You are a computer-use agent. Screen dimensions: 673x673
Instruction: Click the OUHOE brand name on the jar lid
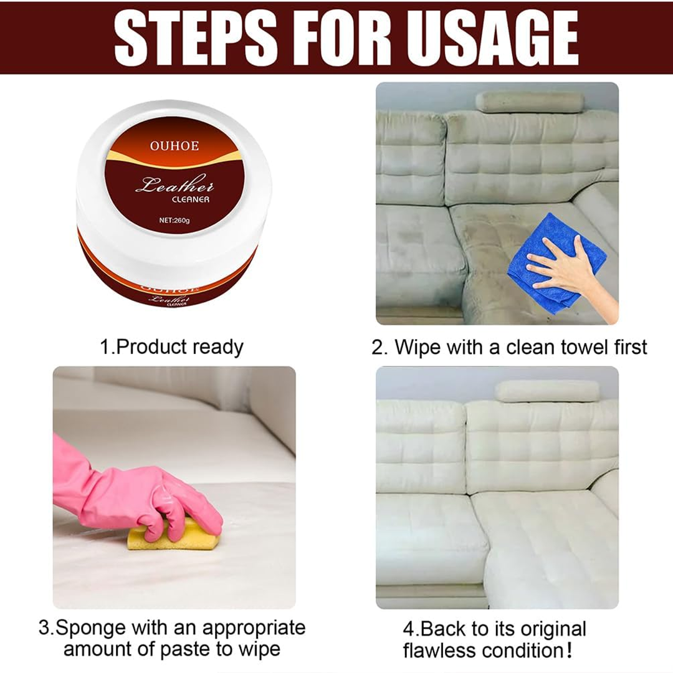pos(174,146)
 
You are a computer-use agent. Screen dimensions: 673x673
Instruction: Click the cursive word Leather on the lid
pos(174,185)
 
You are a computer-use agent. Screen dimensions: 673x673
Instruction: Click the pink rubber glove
pos(125,486)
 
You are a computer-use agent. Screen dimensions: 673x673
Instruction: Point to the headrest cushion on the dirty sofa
pos(530,102)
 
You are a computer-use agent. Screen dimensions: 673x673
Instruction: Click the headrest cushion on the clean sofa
pos(547,391)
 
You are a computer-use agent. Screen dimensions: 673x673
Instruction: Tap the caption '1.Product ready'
pos(171,347)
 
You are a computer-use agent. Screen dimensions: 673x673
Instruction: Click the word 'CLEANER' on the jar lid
pos(191,199)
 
